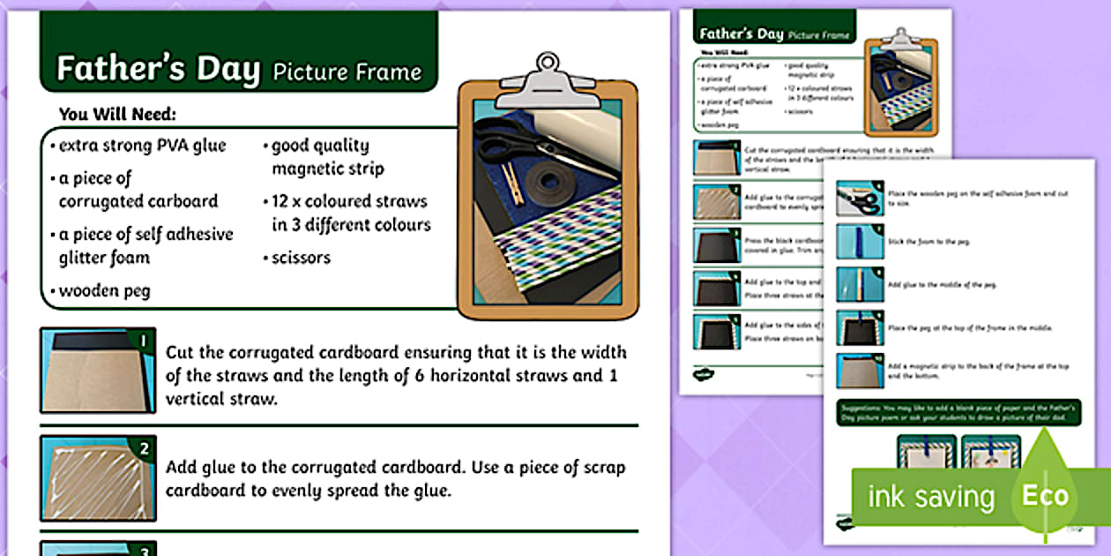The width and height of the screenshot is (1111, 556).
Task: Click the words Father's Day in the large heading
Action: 158,69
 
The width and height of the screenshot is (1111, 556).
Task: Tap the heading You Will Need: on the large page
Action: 117,114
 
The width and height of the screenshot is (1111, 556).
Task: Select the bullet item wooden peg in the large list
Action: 104,290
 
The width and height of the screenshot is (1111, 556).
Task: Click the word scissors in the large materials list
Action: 301,258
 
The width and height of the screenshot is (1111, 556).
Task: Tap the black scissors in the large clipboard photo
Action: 511,145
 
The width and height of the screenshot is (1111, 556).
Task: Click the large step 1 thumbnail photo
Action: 93,370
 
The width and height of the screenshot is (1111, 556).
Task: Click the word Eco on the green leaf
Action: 1045,495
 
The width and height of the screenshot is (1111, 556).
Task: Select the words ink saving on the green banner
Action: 931,497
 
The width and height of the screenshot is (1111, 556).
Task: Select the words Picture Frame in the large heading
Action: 347,72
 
